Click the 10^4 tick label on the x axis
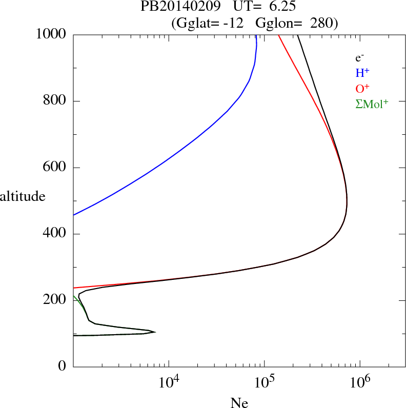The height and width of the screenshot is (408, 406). point(169,382)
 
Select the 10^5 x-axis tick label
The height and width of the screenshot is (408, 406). point(265,382)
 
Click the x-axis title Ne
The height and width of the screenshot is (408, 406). point(239,403)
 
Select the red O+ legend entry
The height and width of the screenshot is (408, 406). point(362,89)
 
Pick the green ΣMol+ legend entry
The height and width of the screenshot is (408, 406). point(372,104)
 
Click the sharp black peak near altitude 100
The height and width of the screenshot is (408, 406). point(154,332)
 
